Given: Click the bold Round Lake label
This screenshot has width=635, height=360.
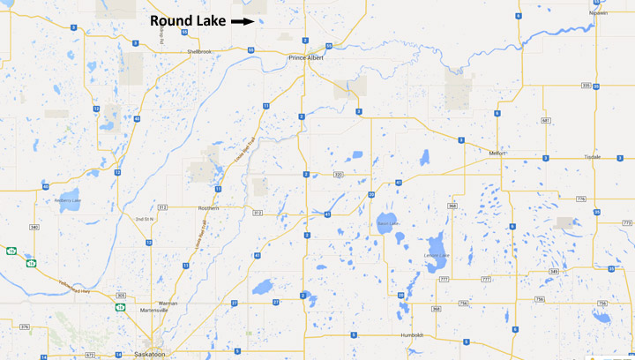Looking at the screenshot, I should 188,20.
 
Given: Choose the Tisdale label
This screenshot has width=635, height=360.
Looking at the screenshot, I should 592,157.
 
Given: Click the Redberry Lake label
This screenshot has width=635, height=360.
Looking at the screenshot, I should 67,200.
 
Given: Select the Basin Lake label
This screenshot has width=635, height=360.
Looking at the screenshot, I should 389,223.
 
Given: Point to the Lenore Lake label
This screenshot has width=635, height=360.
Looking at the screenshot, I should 437,255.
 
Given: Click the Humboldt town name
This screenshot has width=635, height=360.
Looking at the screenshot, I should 410,335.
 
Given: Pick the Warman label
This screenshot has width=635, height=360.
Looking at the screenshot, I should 168,304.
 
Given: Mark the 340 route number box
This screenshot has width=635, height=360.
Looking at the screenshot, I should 34,227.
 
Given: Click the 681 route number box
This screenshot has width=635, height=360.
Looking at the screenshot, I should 546,120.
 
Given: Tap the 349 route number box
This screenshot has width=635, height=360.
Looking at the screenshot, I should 553,271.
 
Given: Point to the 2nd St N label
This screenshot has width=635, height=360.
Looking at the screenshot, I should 144,217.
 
